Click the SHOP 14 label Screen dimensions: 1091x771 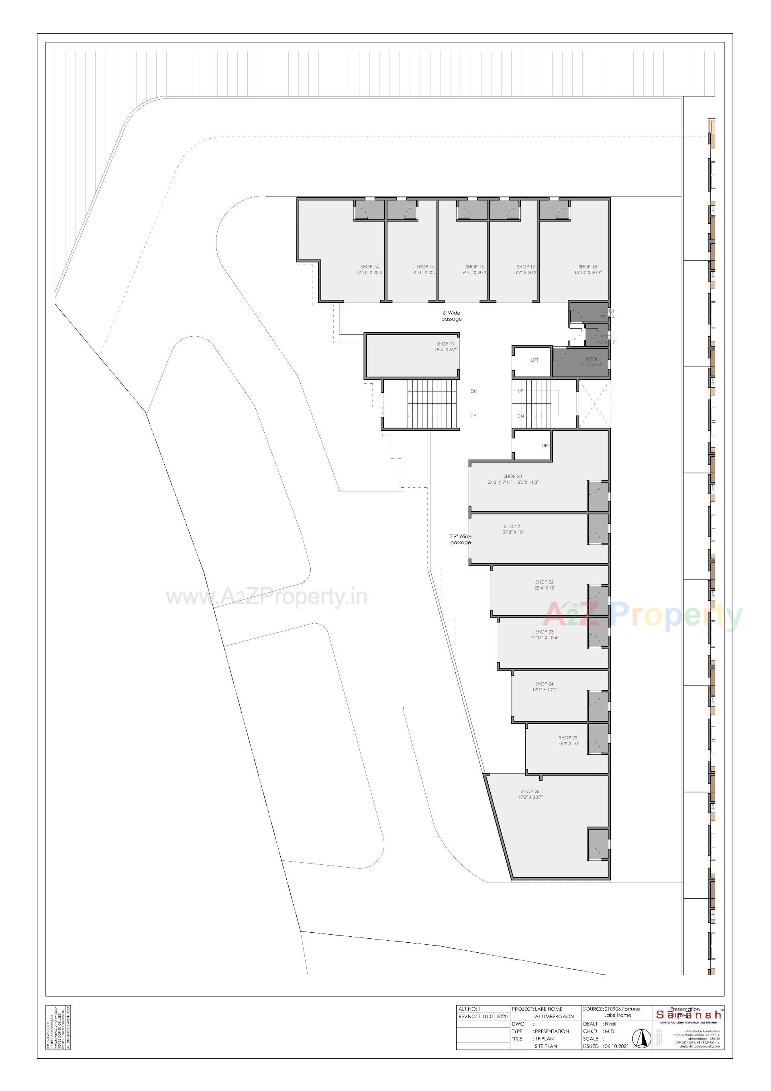click(369, 266)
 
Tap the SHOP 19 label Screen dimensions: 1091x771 click(445, 344)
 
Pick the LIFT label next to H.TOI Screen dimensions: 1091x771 click(534, 360)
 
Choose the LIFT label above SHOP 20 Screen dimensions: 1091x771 click(545, 445)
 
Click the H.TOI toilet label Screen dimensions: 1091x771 click(591, 359)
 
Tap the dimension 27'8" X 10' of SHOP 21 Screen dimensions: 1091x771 click(513, 532)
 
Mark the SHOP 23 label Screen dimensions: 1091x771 click(544, 632)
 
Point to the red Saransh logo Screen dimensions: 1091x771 click(688, 1015)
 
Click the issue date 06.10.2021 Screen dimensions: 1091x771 click(617, 1046)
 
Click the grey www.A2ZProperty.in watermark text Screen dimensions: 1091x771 click(267, 597)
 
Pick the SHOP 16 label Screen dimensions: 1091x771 click(475, 266)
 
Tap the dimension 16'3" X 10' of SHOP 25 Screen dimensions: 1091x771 click(568, 743)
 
